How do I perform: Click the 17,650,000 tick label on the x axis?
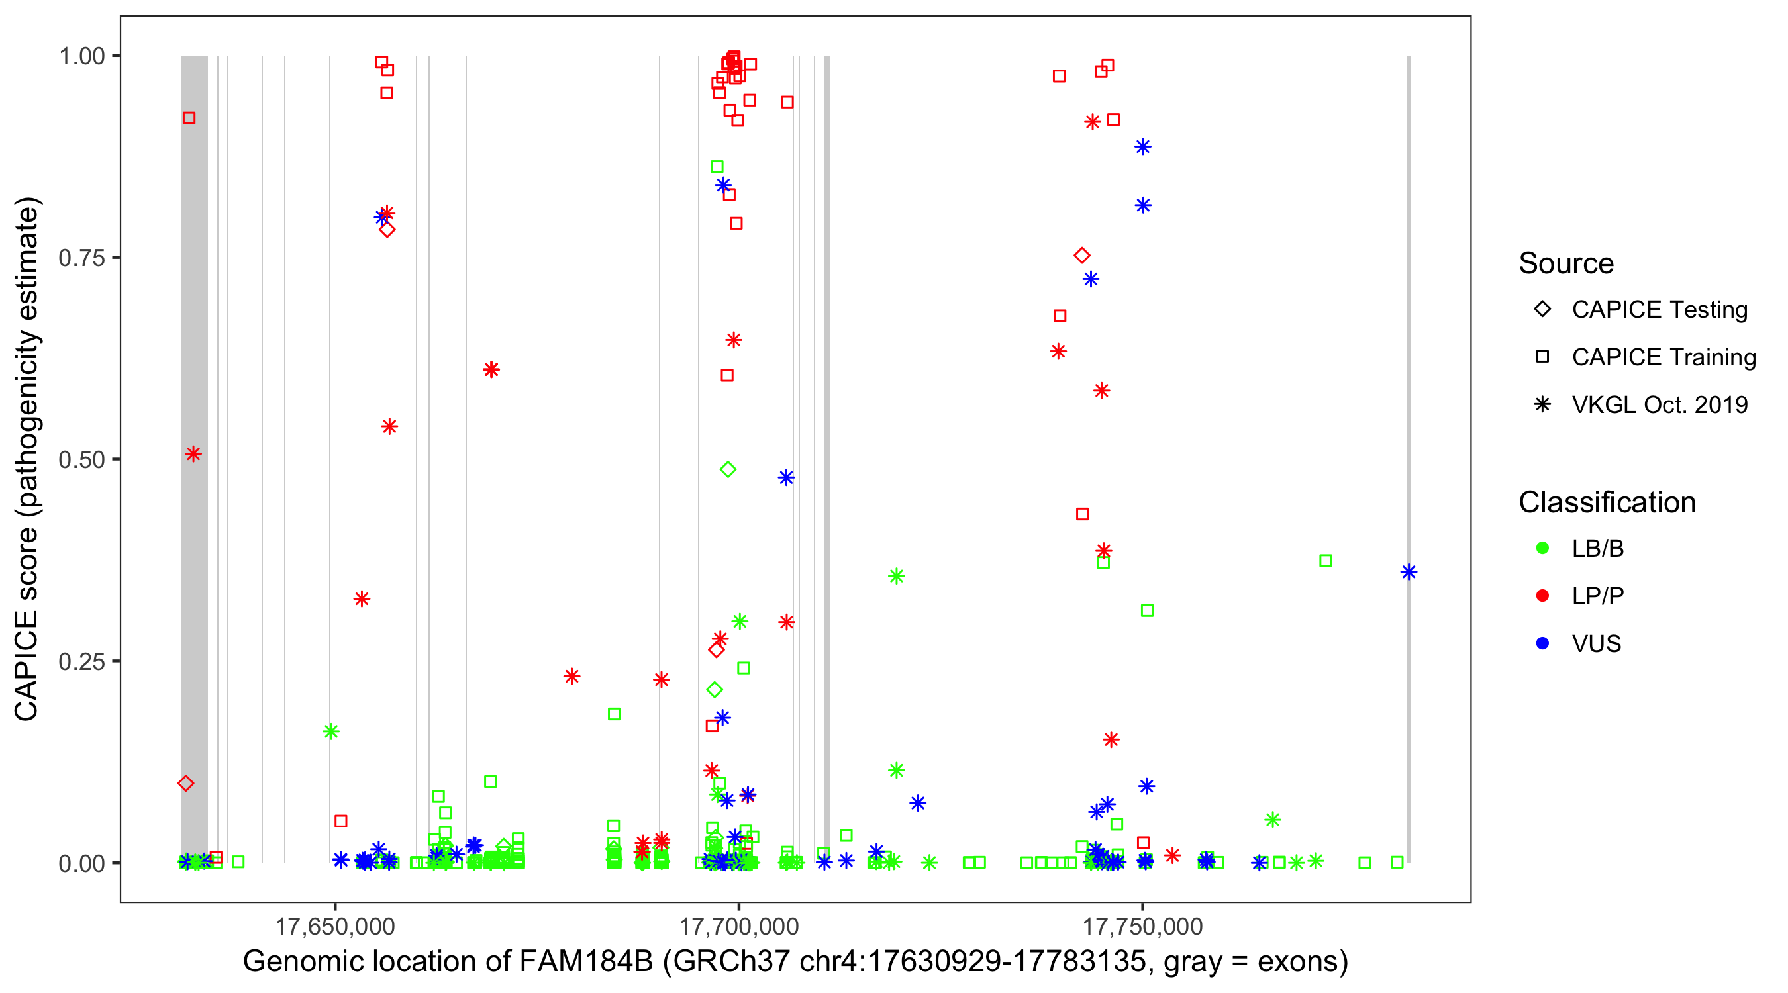pyautogui.click(x=334, y=925)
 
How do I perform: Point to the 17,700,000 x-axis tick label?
pyautogui.click(x=738, y=925)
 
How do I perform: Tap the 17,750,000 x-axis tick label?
pyautogui.click(x=1142, y=925)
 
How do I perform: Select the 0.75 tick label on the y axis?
pyautogui.click(x=81, y=258)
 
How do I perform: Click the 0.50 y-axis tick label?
pyautogui.click(x=81, y=459)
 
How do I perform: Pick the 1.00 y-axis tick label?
pyautogui.click(x=81, y=56)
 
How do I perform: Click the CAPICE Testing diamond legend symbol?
pyautogui.click(x=1542, y=310)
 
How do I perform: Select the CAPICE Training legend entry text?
pyautogui.click(x=1664, y=357)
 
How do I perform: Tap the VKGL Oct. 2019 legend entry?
pyautogui.click(x=1660, y=404)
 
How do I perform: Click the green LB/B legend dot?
pyautogui.click(x=1542, y=548)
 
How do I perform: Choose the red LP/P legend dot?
pyautogui.click(x=1542, y=596)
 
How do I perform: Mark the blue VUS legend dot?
pyautogui.click(x=1542, y=643)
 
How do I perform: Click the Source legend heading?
pyautogui.click(x=1566, y=263)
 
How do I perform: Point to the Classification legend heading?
pyautogui.click(x=1607, y=502)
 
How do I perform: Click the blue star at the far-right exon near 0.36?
pyautogui.click(x=1409, y=572)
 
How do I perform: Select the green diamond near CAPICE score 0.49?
pyautogui.click(x=727, y=470)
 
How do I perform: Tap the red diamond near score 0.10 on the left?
pyautogui.click(x=185, y=783)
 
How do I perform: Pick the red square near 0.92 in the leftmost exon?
pyautogui.click(x=189, y=118)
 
